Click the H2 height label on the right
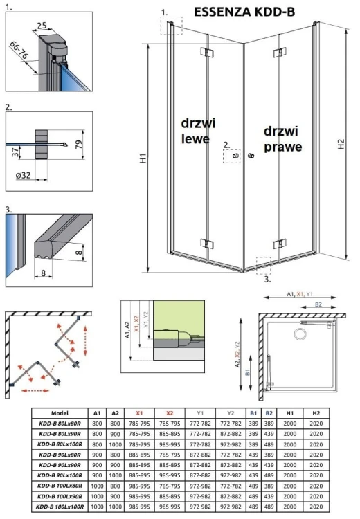point(341,144)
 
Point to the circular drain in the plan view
point(300,335)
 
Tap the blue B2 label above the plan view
point(318,304)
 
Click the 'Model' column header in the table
point(60,412)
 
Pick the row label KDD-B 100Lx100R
point(60,507)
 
